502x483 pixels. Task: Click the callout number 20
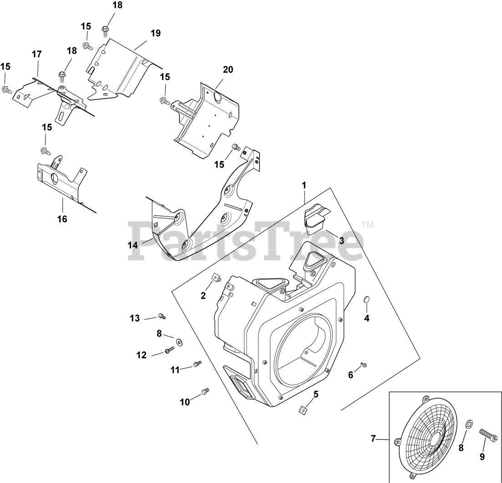click(x=228, y=70)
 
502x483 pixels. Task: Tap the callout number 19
click(x=156, y=33)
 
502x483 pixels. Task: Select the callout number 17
click(x=36, y=54)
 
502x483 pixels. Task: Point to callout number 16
click(x=62, y=219)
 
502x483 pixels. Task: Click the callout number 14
click(x=132, y=245)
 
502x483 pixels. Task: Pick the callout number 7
click(x=373, y=439)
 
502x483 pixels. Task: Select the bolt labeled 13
click(x=161, y=316)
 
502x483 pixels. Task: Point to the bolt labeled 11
click(x=197, y=364)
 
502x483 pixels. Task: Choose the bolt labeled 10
click(x=205, y=391)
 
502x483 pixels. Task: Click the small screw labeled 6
click(x=363, y=364)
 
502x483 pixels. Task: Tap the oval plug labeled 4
click(x=365, y=300)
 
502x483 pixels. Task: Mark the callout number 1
click(x=304, y=185)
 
